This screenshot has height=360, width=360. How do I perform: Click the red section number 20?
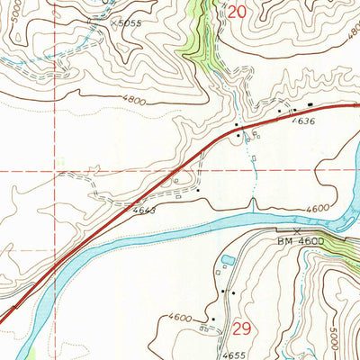click(237, 12)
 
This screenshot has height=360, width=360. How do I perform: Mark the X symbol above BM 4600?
click(296, 229)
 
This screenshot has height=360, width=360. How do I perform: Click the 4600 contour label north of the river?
click(317, 209)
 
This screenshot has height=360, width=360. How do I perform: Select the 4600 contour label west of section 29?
click(180, 318)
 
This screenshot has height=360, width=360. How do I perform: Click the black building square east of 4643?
click(197, 190)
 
